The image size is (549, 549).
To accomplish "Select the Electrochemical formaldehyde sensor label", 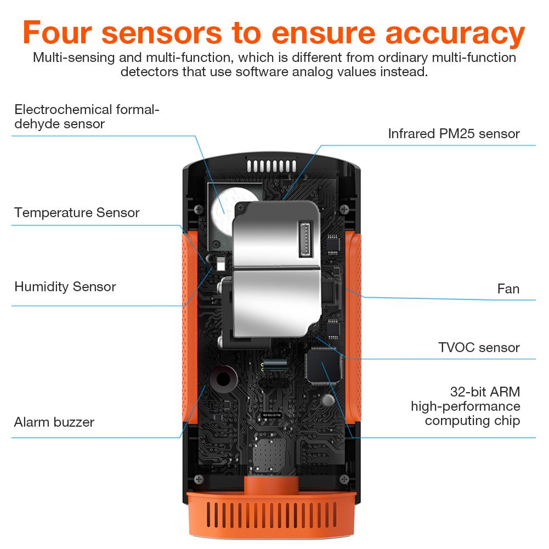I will coord(87,116).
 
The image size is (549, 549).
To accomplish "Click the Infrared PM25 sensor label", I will coord(454,133).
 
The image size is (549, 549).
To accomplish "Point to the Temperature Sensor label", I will coord(77,212).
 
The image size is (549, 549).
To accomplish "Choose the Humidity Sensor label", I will coord(65,286).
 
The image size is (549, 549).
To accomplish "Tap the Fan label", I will coord(508,288).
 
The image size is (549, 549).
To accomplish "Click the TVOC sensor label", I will coord(478,347).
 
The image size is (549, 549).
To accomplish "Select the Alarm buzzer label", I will coord(54,422).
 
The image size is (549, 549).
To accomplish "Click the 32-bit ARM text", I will coord(484,392).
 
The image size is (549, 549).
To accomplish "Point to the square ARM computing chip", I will coord(322,366).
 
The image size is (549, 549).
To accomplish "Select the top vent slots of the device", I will coord(271,165).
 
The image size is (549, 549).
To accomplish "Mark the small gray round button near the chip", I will coord(328,399).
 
